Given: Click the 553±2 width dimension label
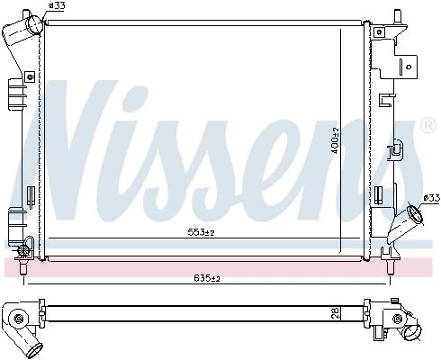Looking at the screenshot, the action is point(202,232).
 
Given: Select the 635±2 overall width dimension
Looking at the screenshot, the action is point(207,279).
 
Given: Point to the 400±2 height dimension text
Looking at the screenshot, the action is point(335,140).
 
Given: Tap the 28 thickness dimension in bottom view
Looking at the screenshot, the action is point(336,313).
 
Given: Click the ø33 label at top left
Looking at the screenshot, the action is point(57,5).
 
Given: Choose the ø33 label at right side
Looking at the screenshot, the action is point(431,198).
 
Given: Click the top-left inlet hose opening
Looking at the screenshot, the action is point(34,23).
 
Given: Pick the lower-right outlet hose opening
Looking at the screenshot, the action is point(416,215).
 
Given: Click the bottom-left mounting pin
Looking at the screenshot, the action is point(23,267).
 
